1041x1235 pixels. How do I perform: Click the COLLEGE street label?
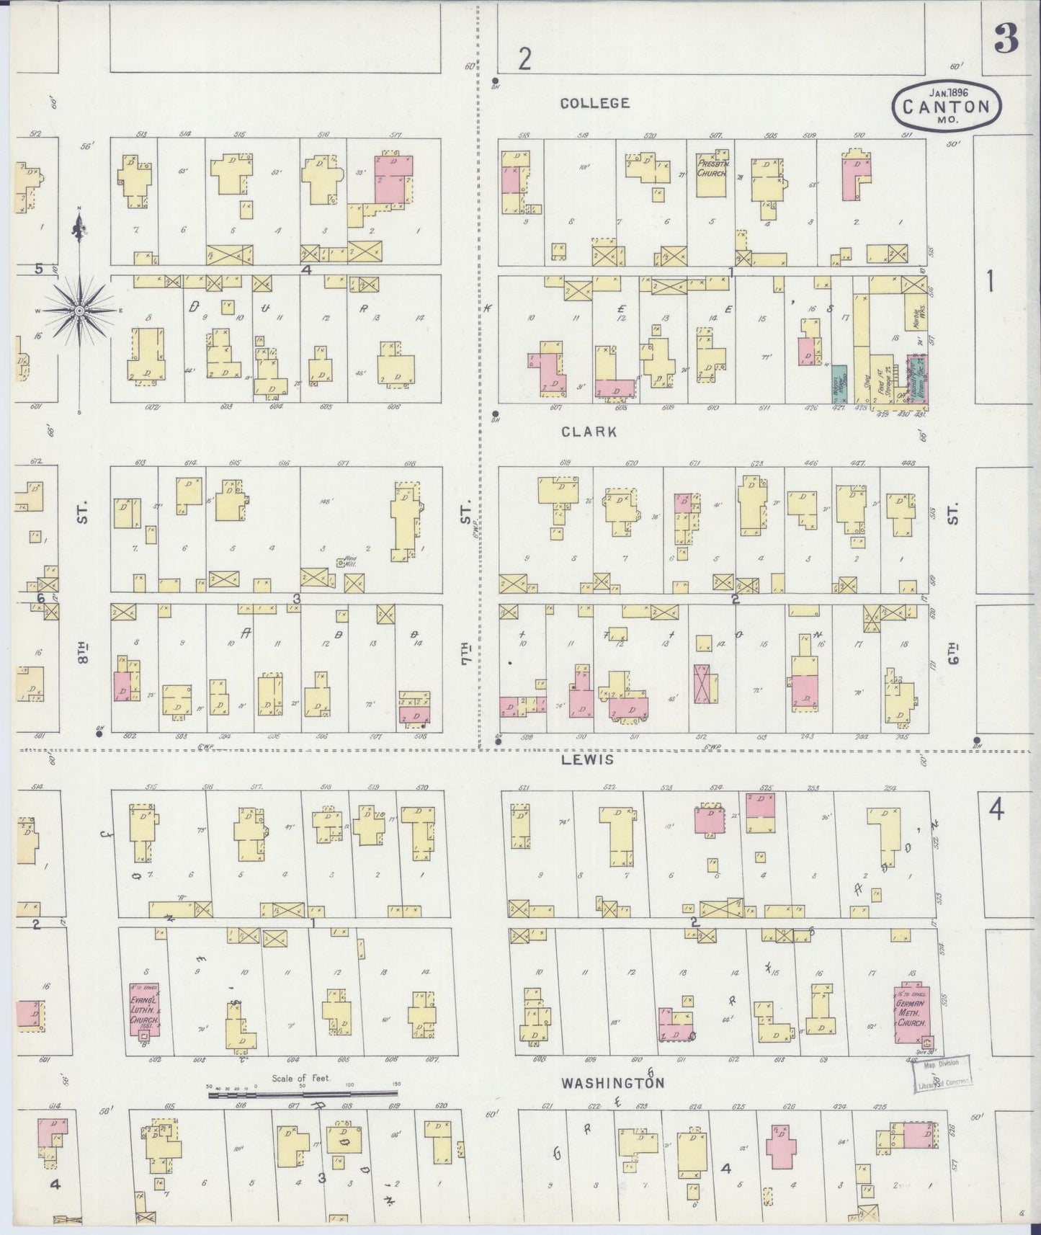pos(595,103)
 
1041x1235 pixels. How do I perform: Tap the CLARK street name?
pos(589,432)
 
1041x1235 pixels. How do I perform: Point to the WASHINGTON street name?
pos(612,1082)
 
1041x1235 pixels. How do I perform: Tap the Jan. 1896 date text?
pos(948,92)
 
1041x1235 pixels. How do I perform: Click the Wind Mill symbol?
pos(340,563)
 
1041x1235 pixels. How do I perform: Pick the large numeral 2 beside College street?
pos(524,59)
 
